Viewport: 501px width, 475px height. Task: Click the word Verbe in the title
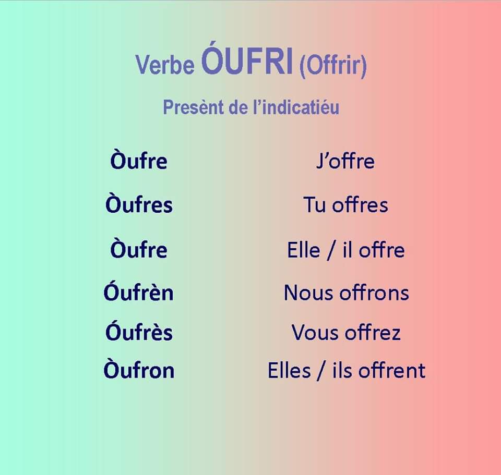(x=165, y=64)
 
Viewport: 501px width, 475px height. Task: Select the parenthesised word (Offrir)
(x=333, y=66)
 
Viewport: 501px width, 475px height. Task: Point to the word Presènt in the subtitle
(x=193, y=107)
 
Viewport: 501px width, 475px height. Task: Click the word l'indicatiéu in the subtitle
(x=296, y=107)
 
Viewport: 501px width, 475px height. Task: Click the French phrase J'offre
(x=345, y=161)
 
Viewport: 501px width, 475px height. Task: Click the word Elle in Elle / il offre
(x=304, y=250)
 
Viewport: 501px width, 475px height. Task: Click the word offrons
(x=374, y=293)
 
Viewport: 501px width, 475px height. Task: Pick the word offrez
(x=373, y=332)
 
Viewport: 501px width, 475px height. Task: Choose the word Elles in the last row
(x=289, y=370)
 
